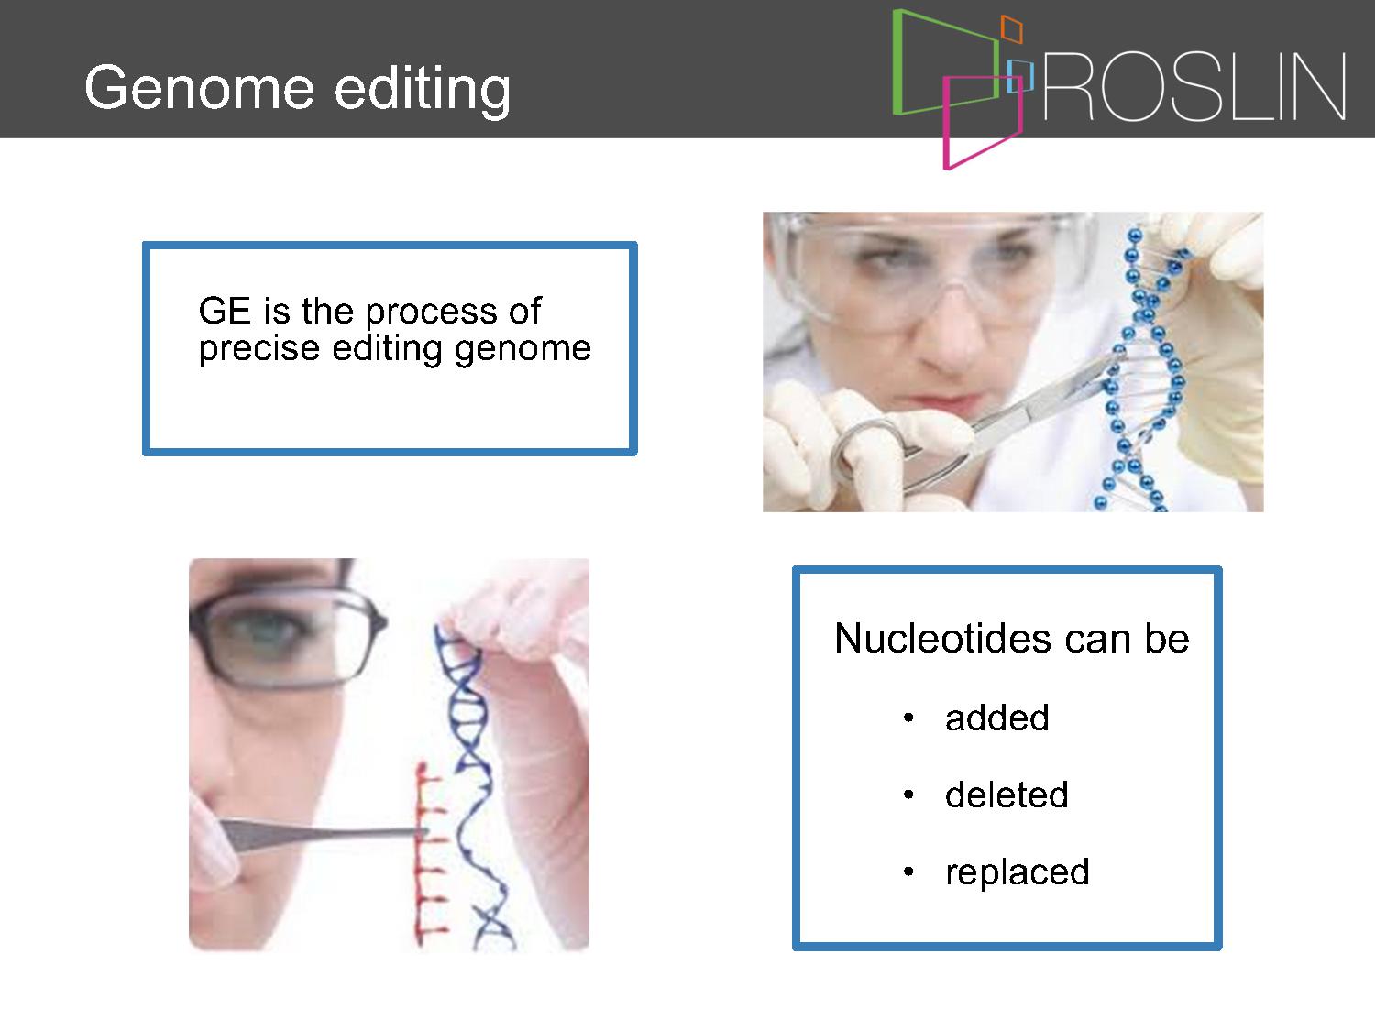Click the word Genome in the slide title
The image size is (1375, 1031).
pyautogui.click(x=199, y=88)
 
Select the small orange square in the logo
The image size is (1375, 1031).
pyautogui.click(x=1011, y=28)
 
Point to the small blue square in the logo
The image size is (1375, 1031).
pyautogui.click(x=1020, y=76)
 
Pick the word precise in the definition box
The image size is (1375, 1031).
pyautogui.click(x=259, y=348)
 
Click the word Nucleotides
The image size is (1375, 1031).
pyautogui.click(x=942, y=639)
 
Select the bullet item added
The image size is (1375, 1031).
pyautogui.click(x=996, y=718)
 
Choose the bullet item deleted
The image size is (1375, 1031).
pyautogui.click(x=1006, y=795)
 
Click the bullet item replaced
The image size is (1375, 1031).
pyautogui.click(x=1017, y=872)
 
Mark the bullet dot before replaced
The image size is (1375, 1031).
pyautogui.click(x=909, y=872)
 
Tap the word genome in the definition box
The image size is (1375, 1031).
pyautogui.click(x=523, y=349)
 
